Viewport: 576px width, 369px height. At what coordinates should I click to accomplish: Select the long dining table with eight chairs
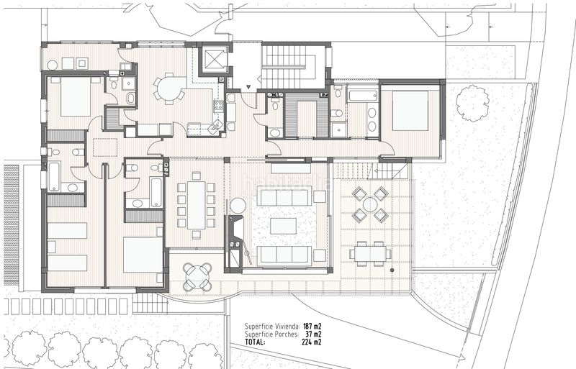pos(196,205)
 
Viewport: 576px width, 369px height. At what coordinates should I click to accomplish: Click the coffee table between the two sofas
pos(283,226)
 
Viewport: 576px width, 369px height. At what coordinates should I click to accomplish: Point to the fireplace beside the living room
pos(233,242)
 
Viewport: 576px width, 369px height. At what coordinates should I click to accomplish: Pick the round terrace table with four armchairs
pos(370,204)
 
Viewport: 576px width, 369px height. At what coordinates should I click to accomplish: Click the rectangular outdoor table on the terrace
pos(370,253)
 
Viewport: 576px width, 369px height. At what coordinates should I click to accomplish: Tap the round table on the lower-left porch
pos(197,276)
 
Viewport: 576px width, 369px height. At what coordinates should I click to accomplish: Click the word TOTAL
pos(255,342)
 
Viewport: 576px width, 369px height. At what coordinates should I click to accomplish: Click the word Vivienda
pos(286,327)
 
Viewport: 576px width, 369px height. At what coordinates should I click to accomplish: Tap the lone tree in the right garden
pos(473,103)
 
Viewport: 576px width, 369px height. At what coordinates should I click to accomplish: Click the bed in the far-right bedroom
pos(410,111)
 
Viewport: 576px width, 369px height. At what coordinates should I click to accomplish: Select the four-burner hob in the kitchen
pos(218,106)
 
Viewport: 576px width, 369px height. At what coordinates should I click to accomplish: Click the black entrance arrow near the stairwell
pos(249,87)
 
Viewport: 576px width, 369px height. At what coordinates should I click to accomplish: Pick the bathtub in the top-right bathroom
pos(363,96)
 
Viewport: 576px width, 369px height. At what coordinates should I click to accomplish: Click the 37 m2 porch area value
pos(314,334)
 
